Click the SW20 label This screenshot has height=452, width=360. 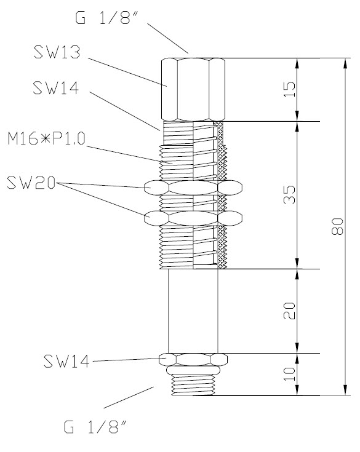click(x=31, y=183)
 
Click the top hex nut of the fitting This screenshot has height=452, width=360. click(x=192, y=90)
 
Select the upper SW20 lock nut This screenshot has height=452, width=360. click(x=192, y=187)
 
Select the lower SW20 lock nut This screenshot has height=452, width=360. click(x=192, y=218)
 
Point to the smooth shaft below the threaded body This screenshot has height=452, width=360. click(x=193, y=311)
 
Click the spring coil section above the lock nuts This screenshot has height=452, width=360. click(x=208, y=157)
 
